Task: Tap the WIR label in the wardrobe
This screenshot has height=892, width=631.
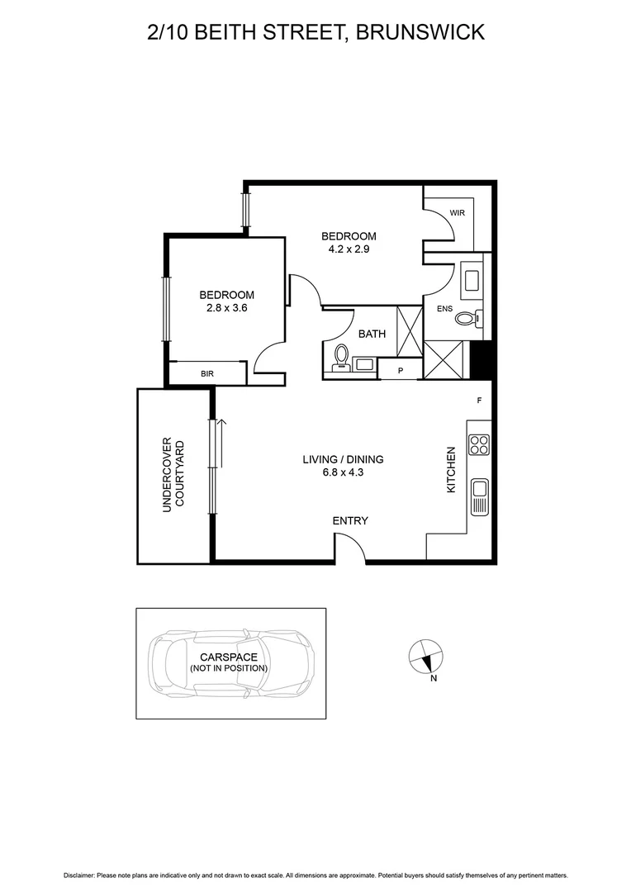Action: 458,212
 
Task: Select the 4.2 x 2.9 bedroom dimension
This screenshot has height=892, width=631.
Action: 349,250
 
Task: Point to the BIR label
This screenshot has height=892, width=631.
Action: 206,374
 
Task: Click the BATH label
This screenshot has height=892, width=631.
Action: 372,334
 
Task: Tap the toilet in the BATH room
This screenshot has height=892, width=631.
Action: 339,356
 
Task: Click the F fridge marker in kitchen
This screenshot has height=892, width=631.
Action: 479,401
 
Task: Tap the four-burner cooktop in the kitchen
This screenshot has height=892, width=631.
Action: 479,445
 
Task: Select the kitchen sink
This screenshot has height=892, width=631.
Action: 479,496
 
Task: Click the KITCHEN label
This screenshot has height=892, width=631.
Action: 451,471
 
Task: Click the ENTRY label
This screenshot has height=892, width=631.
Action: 349,521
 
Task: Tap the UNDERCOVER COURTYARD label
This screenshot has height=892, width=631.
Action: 173,475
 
